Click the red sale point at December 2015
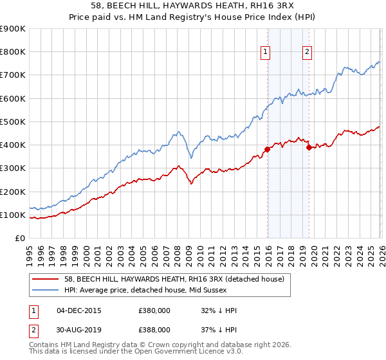point(267,149)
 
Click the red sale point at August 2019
point(309,147)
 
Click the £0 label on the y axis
point(20,239)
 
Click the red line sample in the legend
point(46,278)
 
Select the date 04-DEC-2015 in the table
point(79,310)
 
